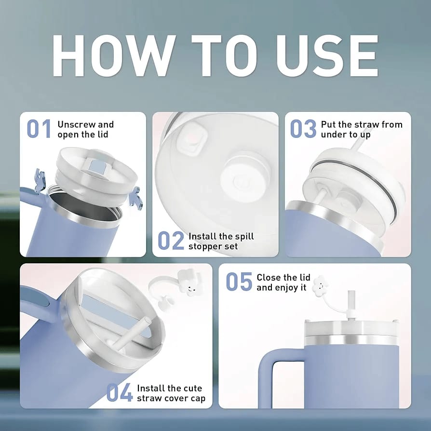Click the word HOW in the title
(114, 56)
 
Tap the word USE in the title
(327, 56)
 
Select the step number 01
(39, 129)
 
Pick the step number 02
(171, 241)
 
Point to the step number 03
(303, 129)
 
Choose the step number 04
(119, 392)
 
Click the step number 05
(239, 282)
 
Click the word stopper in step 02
(203, 246)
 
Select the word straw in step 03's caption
(366, 124)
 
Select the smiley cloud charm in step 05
(320, 286)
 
